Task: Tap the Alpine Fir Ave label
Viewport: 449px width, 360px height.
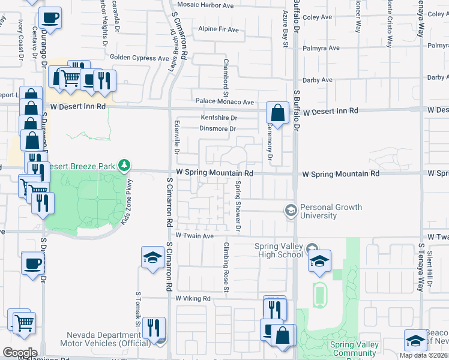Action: [x=219, y=29]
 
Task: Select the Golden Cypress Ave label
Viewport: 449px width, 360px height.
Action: [x=139, y=58]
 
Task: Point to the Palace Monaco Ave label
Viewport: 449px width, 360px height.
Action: [x=224, y=103]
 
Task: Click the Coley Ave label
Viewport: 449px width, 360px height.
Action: [x=318, y=17]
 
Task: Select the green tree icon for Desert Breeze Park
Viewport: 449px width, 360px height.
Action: [x=124, y=164]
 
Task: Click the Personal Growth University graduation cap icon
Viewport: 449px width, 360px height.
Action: [x=291, y=210]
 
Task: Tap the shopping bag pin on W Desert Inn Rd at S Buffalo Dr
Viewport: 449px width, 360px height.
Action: [x=277, y=113]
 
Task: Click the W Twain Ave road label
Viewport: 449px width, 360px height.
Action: [x=194, y=236]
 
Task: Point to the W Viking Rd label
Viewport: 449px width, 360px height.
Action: [x=193, y=298]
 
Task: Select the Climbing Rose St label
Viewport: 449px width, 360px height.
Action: [x=227, y=268]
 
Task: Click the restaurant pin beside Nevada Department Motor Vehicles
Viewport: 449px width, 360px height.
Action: [x=155, y=329]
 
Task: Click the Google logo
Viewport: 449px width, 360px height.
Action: [x=20, y=352]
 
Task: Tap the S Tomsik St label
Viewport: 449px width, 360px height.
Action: [x=138, y=310]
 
